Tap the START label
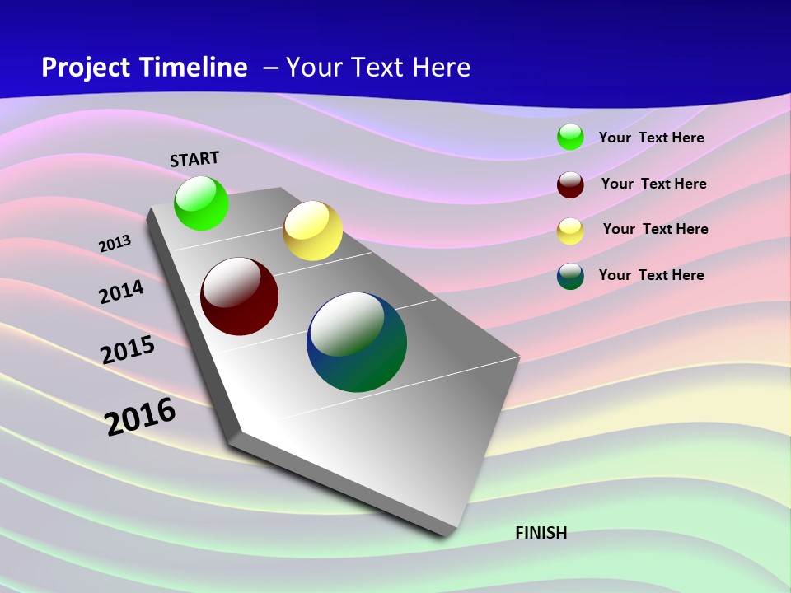coord(194,159)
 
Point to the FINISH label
coord(541,533)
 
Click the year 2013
coord(115,244)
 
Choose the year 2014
coord(121,292)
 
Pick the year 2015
coord(128,350)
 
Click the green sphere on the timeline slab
coord(201,203)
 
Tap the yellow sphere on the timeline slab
coord(312,231)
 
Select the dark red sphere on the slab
coord(240,296)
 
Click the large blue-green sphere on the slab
coord(357,342)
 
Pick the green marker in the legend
coord(570,137)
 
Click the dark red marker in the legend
coord(570,184)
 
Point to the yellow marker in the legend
coord(570,231)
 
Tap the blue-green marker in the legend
coord(570,276)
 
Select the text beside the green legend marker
coord(651,138)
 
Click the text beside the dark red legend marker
coord(653,184)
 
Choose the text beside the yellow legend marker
coord(655,229)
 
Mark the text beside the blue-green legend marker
coord(651,275)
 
